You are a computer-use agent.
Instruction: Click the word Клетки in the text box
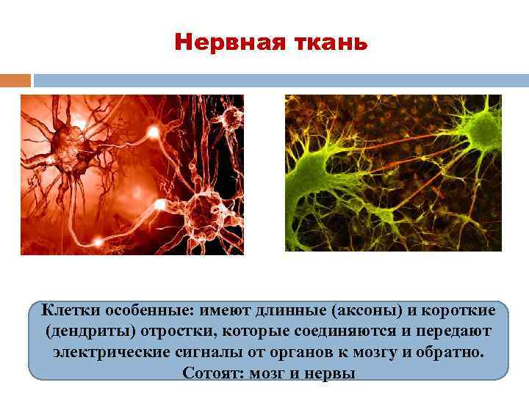point(67,311)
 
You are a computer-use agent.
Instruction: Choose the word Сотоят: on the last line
point(210,372)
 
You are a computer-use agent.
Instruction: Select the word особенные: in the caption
point(147,311)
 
